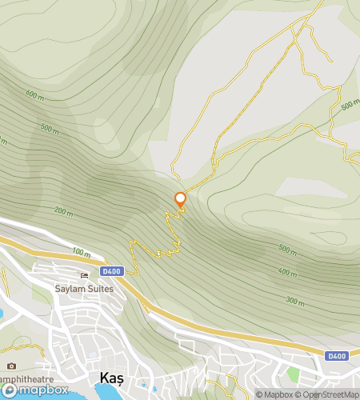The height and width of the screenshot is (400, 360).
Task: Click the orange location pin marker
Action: (x=180, y=200)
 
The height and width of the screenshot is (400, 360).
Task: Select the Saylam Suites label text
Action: (x=84, y=288)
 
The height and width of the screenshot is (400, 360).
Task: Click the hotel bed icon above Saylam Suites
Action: (x=84, y=276)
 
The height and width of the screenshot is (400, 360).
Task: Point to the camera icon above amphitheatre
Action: (x=11, y=366)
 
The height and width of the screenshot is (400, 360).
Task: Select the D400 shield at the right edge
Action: (x=336, y=355)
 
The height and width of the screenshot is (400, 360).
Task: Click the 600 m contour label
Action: (x=34, y=94)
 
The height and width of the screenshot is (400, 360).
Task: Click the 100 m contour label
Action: (x=81, y=252)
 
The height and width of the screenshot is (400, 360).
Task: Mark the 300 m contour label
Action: (x=294, y=301)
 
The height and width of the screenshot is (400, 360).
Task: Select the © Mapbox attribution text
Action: (x=275, y=394)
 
